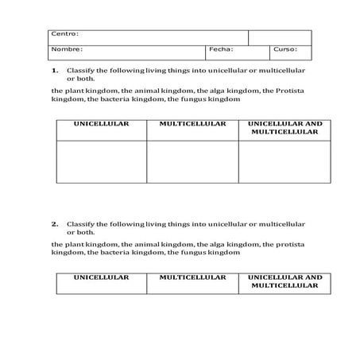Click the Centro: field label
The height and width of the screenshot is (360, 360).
[x=64, y=34]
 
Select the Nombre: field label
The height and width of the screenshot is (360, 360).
[x=67, y=49]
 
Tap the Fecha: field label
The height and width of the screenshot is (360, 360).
[x=220, y=49]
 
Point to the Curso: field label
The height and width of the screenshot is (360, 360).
[x=285, y=49]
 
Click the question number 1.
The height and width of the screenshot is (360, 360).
[x=55, y=70]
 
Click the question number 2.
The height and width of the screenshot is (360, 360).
[x=55, y=224]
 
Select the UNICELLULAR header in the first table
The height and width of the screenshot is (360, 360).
[x=101, y=124]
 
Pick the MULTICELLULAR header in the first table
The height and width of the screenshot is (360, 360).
[x=192, y=124]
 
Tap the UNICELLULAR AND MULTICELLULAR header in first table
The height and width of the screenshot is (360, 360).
[x=285, y=128]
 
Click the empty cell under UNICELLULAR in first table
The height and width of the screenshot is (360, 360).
[x=101, y=162]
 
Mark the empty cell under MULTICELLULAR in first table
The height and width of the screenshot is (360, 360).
[x=192, y=162]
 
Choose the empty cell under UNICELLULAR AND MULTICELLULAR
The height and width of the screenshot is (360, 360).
[x=285, y=162]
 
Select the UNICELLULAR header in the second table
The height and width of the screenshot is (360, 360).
[x=101, y=278]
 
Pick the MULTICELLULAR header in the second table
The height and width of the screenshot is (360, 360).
[x=192, y=278]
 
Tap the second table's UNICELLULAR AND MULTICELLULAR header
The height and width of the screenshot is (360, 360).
[x=285, y=282]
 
